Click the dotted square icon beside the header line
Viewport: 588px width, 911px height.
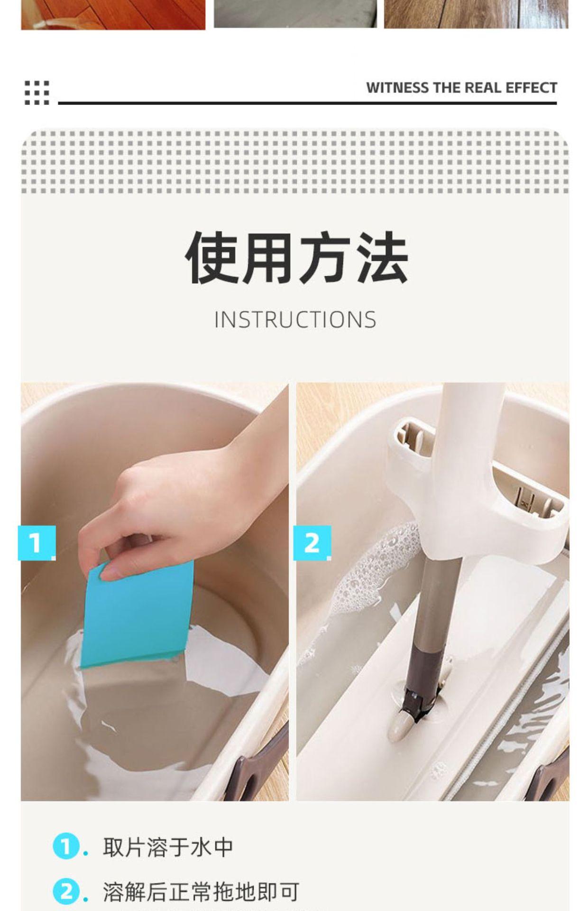37,93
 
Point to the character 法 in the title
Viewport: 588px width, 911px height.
382,258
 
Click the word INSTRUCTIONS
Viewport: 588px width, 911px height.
295,319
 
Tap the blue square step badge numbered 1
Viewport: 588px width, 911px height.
37,543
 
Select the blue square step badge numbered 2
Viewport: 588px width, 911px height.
312,543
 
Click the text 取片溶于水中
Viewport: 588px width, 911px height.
168,847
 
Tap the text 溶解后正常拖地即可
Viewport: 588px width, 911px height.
201,892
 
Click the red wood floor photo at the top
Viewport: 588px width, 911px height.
113,14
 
